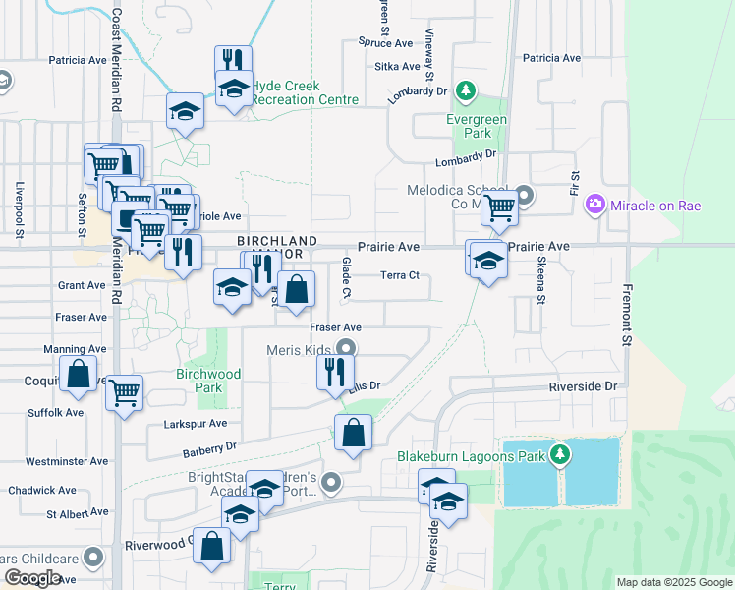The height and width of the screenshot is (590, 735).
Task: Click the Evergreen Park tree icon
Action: pos(468,94)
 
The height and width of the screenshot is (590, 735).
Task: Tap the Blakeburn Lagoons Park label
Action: pos(472,455)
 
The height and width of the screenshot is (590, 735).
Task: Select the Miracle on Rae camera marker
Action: pos(594,205)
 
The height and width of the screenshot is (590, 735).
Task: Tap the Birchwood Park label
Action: pos(207,381)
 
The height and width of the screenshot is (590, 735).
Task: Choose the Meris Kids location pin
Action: pos(346,347)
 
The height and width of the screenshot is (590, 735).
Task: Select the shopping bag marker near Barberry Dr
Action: pos(353,432)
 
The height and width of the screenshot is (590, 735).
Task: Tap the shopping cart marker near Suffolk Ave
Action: pos(124,392)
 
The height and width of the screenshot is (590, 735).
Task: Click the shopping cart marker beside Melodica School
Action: pos(500,206)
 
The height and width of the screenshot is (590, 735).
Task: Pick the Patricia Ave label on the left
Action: pos(79,60)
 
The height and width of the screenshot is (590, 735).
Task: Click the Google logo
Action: pos(32,577)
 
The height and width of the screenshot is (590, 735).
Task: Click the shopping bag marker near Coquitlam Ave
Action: pos(78,375)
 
